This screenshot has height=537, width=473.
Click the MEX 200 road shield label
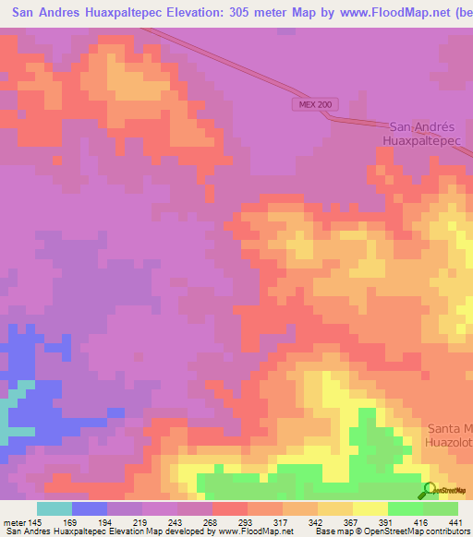(315, 104)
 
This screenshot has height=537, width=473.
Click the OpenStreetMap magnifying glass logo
(431, 492)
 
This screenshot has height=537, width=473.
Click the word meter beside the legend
(14, 522)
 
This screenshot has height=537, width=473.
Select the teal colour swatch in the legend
(54, 508)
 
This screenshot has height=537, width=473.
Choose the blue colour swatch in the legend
(89, 508)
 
